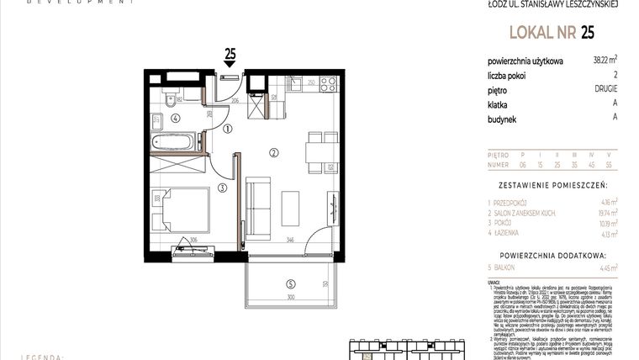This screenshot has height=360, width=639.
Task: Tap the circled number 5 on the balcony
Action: click(290, 283)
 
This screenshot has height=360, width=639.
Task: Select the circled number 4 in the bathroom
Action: click(175, 119)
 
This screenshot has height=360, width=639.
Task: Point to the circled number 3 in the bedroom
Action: click(221, 188)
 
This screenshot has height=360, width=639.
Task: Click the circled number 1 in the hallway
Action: click(228, 129)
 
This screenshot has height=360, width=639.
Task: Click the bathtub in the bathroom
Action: click(174, 141)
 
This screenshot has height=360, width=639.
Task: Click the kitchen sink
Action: click(296, 82)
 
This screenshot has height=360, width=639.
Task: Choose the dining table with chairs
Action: click(318, 152)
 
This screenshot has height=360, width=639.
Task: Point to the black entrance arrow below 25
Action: click(230, 67)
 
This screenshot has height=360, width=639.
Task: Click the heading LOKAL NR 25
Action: click(552, 33)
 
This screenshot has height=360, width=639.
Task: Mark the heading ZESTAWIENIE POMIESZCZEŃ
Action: click(552, 183)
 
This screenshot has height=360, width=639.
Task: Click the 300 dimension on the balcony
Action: click(289, 298)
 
